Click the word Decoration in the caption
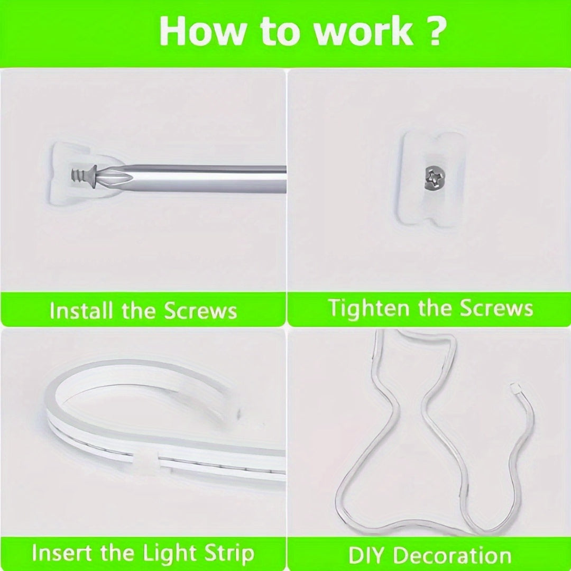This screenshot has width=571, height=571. (x=452, y=556)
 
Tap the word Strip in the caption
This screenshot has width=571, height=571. (x=228, y=553)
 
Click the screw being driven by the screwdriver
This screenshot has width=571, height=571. (x=81, y=172)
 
